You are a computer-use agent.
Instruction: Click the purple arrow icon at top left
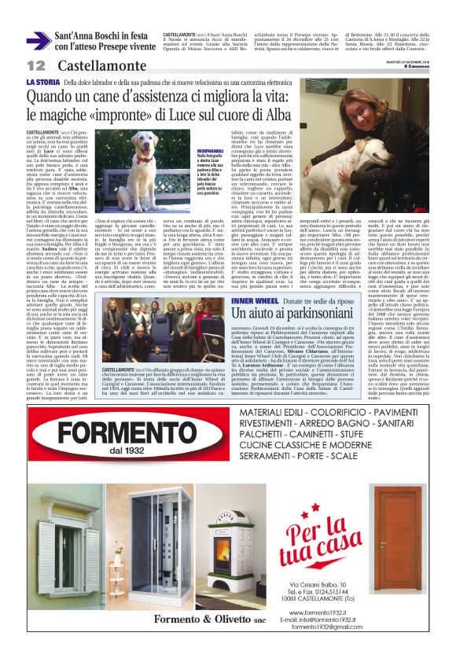click(x=38, y=41)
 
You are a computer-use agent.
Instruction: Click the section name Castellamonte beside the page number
click(x=89, y=65)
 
